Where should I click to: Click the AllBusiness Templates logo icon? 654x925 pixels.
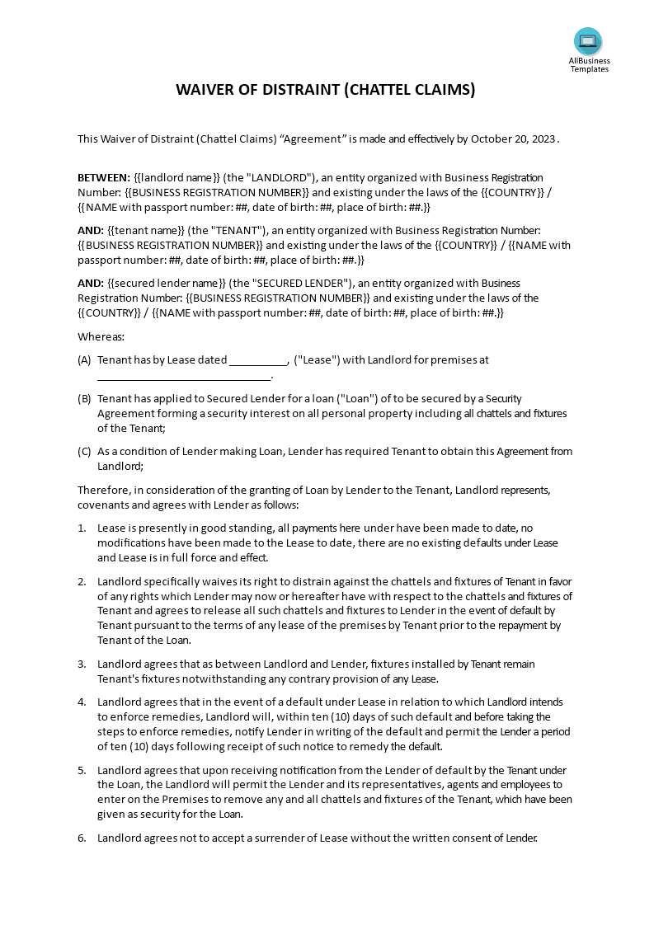tap(588, 40)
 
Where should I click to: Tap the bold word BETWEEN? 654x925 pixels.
tap(104, 177)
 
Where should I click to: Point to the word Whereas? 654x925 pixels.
tap(101, 336)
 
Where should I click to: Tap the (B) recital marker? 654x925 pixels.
tap(84, 398)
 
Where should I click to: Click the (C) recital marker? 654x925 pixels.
tap(84, 451)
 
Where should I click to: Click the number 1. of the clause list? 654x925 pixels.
tap(82, 528)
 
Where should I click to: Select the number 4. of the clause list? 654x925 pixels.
tap(82, 702)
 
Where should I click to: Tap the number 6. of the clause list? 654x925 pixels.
tap(82, 838)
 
